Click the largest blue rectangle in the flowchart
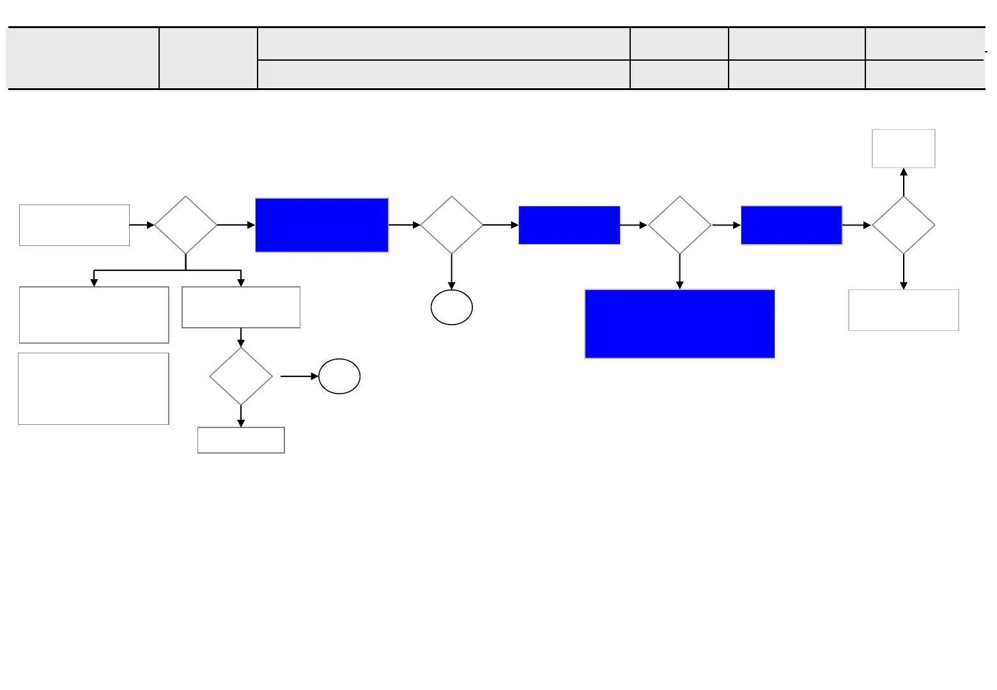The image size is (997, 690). click(x=679, y=324)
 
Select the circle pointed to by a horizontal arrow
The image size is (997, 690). click(x=339, y=376)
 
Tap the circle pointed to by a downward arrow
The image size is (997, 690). click(x=452, y=307)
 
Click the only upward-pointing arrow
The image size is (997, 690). click(x=904, y=181)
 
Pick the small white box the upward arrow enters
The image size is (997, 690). click(x=904, y=149)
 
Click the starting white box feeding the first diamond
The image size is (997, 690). click(x=74, y=225)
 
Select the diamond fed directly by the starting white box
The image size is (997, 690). click(x=186, y=225)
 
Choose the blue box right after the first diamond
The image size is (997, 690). click(x=321, y=225)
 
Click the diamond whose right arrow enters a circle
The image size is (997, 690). click(x=241, y=376)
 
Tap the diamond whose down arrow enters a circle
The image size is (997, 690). click(x=452, y=225)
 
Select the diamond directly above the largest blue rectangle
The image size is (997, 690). click(x=679, y=225)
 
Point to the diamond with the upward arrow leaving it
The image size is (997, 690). click(x=904, y=225)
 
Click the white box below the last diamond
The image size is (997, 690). click(x=904, y=310)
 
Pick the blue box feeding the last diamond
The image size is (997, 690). click(x=791, y=225)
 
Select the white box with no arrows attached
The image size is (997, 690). click(x=93, y=388)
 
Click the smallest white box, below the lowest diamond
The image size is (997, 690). click(x=241, y=440)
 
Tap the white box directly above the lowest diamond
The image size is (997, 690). click(x=241, y=307)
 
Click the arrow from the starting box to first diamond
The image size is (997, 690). click(x=142, y=225)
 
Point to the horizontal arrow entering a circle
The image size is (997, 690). click(x=299, y=376)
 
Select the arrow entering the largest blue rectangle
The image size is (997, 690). click(x=679, y=272)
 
